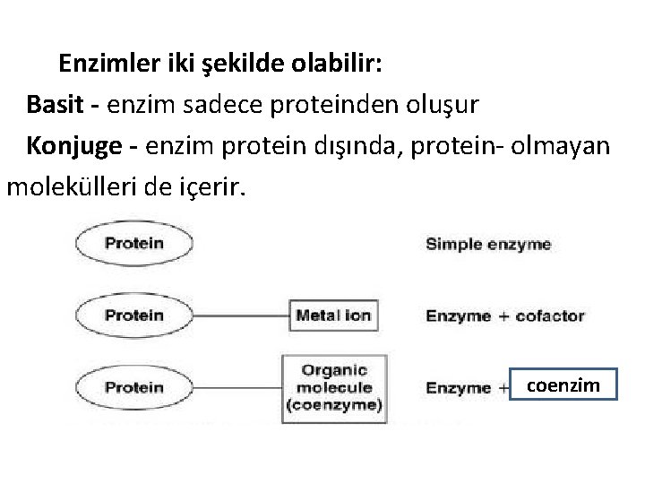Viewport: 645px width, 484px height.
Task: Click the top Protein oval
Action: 134,243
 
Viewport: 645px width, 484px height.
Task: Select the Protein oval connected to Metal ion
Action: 134,315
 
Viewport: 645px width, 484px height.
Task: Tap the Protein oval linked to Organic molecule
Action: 134,387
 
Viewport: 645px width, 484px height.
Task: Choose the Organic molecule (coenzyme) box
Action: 333,388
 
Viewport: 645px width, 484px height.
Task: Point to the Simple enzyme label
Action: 488,244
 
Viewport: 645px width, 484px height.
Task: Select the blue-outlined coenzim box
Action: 563,386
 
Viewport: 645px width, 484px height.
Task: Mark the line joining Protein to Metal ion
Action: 240,315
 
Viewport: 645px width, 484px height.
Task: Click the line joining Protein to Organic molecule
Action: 237,387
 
